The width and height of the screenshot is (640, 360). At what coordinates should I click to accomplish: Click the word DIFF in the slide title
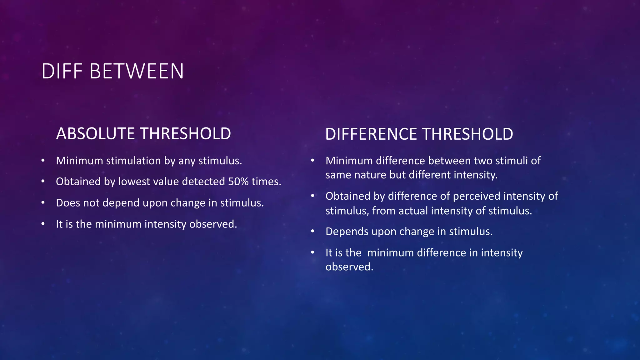pyautogui.click(x=62, y=71)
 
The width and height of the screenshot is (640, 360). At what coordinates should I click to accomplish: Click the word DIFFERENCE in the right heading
pyautogui.click(x=371, y=134)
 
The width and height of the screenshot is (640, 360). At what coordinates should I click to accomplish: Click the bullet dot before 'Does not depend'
pyautogui.click(x=43, y=203)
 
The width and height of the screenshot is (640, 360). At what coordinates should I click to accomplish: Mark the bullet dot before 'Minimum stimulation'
pyautogui.click(x=43, y=161)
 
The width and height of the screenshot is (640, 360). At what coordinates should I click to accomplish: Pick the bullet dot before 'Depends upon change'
pyautogui.click(x=312, y=232)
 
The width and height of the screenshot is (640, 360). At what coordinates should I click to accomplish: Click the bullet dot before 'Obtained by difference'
pyautogui.click(x=312, y=196)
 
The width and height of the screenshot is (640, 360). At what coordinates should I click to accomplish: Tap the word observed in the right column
pyautogui.click(x=349, y=267)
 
